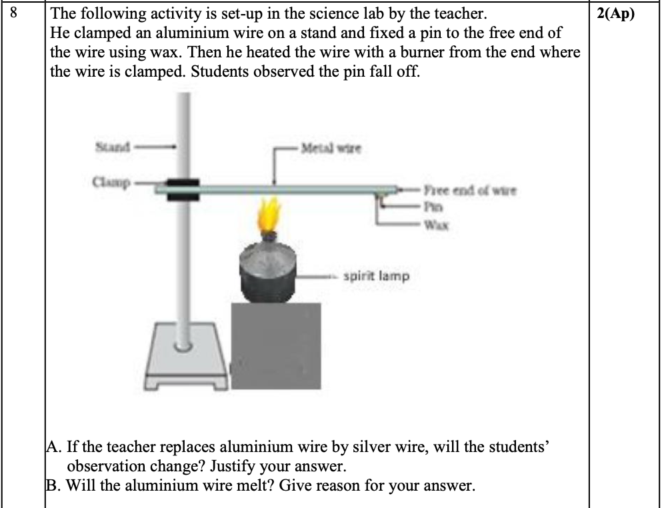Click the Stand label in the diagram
pyautogui.click(x=113, y=144)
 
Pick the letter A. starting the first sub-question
pyautogui.click(x=55, y=445)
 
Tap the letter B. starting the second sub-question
pyautogui.click(x=55, y=485)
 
